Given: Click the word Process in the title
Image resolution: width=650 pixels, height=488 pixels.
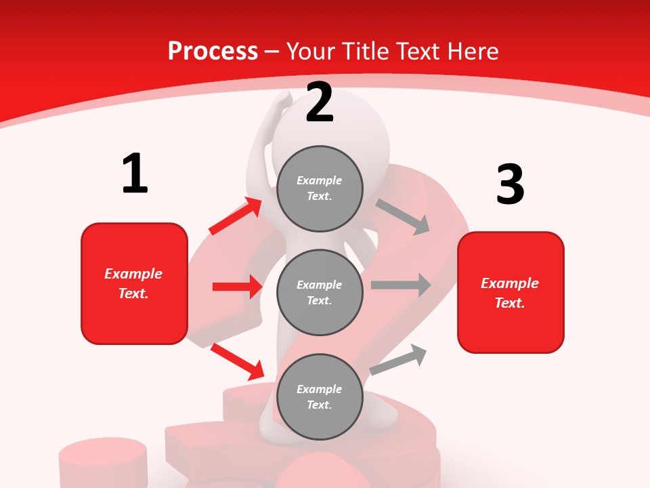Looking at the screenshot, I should tap(213, 51).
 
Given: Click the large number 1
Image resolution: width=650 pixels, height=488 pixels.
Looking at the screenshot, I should tap(135, 174).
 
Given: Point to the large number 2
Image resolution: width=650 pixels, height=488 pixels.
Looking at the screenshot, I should tap(320, 103).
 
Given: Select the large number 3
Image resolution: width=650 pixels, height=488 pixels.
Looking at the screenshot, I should tap(510, 185).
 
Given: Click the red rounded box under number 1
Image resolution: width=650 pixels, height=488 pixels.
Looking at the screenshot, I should tap(134, 283).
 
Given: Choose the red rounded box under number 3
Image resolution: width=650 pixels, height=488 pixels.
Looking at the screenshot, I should tap(511, 292).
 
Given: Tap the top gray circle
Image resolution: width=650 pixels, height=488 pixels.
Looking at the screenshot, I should tap(320, 188).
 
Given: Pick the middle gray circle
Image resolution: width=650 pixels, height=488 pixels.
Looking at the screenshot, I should tap(320, 292).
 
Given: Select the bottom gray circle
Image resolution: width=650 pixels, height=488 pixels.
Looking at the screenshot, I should tap(320, 396).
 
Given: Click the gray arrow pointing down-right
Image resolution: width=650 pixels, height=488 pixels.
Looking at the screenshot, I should tap(403, 217).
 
